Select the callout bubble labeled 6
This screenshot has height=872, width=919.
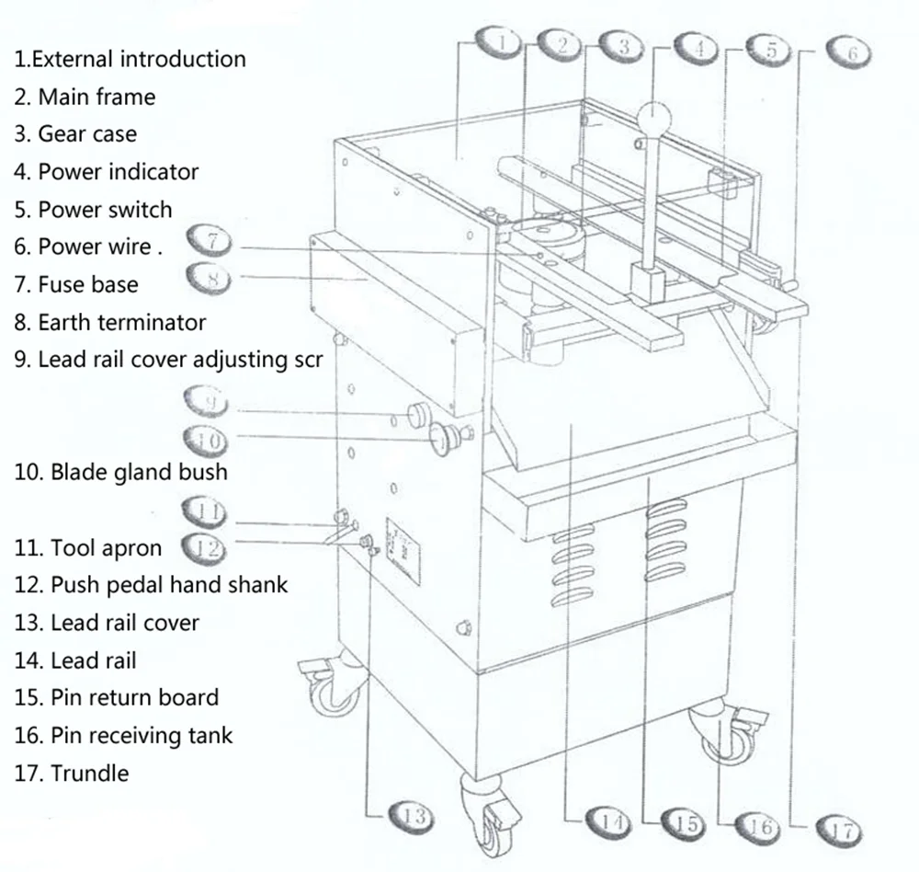click(850, 52)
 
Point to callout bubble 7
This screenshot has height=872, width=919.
click(211, 242)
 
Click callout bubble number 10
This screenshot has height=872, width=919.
click(210, 441)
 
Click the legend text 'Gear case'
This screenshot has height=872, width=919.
click(86, 134)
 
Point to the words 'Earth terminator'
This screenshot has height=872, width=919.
click(121, 323)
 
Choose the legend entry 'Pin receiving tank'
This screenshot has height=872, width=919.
click(141, 736)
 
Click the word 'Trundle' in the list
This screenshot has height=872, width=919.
click(89, 774)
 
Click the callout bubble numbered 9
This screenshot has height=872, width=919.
click(209, 402)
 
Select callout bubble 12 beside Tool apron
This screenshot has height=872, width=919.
click(204, 549)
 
